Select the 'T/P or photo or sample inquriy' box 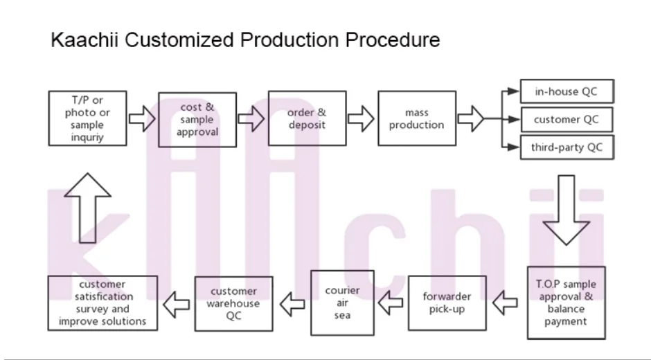[87, 118]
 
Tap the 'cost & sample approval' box [197, 120]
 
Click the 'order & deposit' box [307, 118]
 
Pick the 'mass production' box [417, 118]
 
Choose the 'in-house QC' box [567, 91]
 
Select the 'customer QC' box [567, 120]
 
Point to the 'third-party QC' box [567, 147]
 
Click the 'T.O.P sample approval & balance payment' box [566, 303]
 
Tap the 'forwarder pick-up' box [447, 303]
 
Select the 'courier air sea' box [342, 303]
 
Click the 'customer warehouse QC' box [234, 303]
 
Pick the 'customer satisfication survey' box [102, 303]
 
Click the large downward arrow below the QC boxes [567, 210]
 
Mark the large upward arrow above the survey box [87, 208]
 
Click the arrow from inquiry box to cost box [142, 119]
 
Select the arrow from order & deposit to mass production [361, 119]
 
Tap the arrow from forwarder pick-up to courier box [391, 303]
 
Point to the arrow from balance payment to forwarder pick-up [506, 303]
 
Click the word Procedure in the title [393, 40]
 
